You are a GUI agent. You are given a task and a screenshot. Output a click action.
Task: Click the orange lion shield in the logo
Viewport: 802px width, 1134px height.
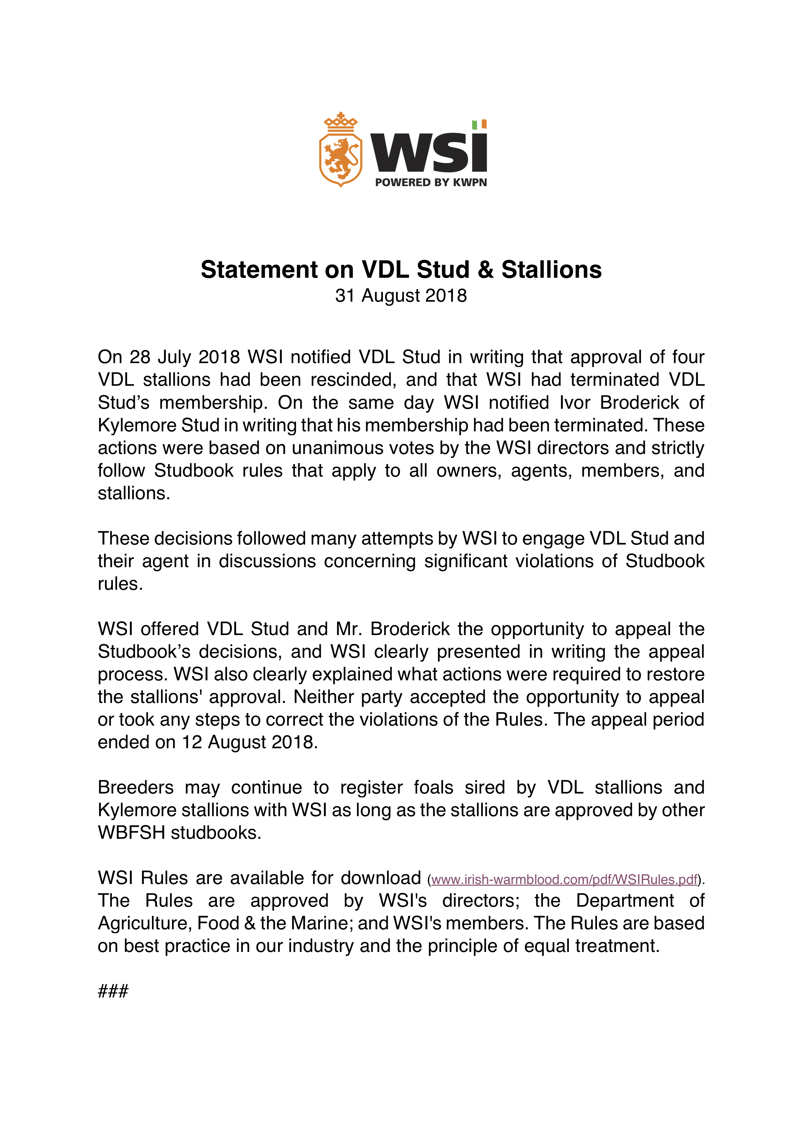[x=340, y=158]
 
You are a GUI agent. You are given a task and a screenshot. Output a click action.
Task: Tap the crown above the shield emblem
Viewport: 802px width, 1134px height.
[x=340, y=123]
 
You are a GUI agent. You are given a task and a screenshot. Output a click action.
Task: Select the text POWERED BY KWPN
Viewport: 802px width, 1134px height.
[x=431, y=182]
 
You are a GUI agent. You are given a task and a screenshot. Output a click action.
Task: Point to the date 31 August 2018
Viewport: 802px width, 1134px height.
[x=401, y=295]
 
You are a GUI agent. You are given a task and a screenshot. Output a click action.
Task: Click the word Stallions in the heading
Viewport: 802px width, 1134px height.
[x=552, y=270]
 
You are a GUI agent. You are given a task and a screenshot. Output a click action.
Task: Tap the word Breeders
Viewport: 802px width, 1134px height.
[x=136, y=787]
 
